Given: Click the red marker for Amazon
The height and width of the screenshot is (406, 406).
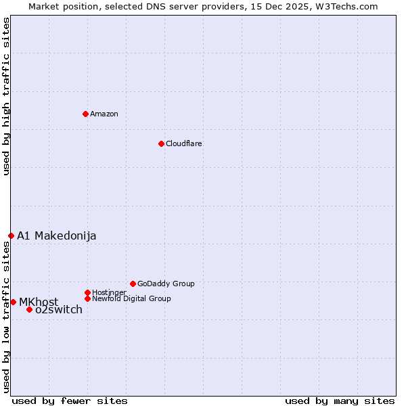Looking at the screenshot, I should (x=85, y=114).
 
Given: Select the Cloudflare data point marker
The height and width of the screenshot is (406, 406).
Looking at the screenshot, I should (x=161, y=143).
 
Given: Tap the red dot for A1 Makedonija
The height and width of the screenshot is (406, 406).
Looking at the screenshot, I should (x=11, y=235).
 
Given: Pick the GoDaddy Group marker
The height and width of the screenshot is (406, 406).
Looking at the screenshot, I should (x=133, y=284).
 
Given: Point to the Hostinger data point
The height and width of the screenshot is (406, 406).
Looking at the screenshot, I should (x=87, y=292).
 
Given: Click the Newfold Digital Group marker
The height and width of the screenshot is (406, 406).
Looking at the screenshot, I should (x=87, y=298).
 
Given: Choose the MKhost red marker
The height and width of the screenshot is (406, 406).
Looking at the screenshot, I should (x=13, y=302).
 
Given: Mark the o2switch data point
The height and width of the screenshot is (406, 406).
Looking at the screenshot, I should (x=29, y=310).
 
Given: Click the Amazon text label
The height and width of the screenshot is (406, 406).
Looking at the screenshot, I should (x=104, y=114).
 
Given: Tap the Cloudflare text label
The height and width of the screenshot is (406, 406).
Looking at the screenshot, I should (x=183, y=144).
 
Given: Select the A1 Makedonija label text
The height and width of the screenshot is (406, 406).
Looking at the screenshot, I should (x=57, y=235).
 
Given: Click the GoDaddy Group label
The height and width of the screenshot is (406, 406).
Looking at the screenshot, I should (x=166, y=284).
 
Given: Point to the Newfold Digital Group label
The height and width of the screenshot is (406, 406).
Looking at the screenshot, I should (x=131, y=299).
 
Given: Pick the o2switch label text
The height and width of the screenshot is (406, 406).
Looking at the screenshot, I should (x=59, y=310).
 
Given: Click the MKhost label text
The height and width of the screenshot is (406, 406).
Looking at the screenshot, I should (x=39, y=302).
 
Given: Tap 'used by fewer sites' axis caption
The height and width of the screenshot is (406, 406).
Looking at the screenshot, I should (x=70, y=401).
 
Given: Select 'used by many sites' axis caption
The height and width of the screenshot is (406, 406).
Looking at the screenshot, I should (x=340, y=401).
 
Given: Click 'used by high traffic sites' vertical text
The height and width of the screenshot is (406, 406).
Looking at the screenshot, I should (x=6, y=96).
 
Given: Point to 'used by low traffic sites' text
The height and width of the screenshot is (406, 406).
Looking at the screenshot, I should (x=6, y=317).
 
